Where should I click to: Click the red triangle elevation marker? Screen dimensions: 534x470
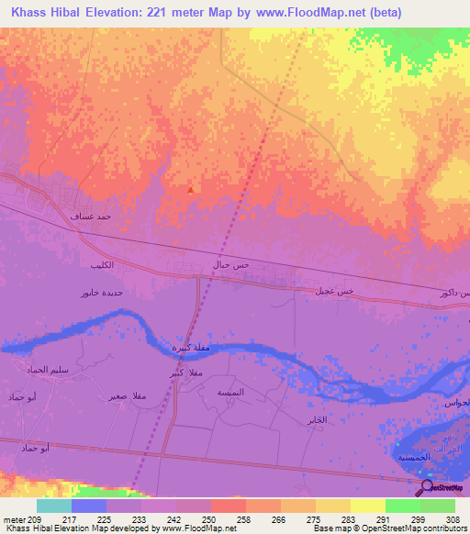click(x=190, y=190)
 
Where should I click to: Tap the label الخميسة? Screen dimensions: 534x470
click(x=412, y=456)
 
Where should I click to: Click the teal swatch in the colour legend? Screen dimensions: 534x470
click(x=54, y=506)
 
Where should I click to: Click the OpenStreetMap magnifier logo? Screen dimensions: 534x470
click(x=426, y=486)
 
